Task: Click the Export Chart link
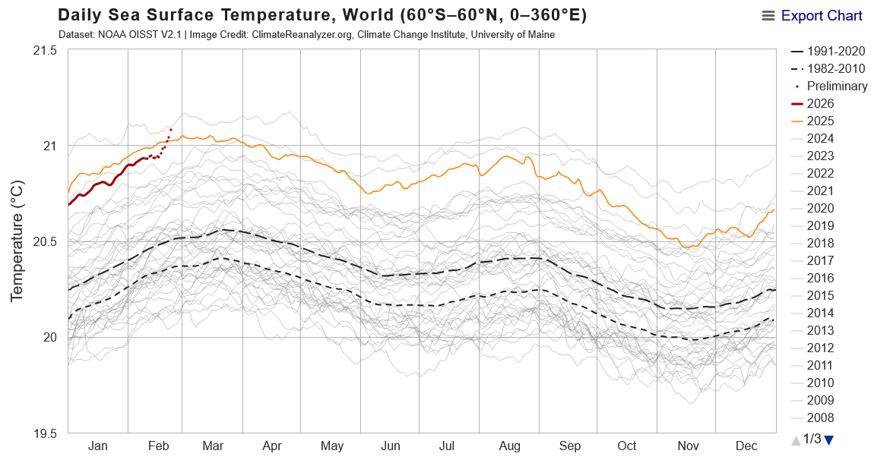point(822,16)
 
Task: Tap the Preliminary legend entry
point(837,87)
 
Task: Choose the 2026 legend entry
point(821,104)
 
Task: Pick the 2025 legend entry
point(821,121)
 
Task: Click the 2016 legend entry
point(821,279)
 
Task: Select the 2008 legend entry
point(821,418)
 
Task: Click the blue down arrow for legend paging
point(829,439)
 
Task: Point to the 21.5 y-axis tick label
point(45,50)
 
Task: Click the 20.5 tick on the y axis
point(45,241)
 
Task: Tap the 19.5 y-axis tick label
point(45,433)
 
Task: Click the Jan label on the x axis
point(98,446)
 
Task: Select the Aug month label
point(508,446)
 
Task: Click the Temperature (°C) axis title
point(17,241)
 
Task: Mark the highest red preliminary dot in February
point(171,130)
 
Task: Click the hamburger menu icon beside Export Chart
point(768,16)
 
